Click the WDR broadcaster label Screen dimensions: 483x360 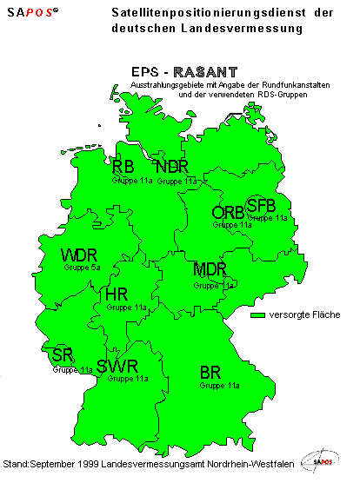coord(78,255)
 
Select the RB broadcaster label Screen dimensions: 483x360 coord(123,167)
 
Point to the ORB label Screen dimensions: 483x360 coord(228,213)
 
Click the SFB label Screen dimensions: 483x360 coord(261,206)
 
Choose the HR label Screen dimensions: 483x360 coord(117,294)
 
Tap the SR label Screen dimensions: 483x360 coord(62,354)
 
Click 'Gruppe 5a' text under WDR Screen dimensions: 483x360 coord(83,268)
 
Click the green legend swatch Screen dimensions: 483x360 coord(257,314)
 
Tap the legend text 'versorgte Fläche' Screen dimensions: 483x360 coord(304,314)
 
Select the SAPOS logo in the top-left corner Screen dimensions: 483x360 coord(34,13)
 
